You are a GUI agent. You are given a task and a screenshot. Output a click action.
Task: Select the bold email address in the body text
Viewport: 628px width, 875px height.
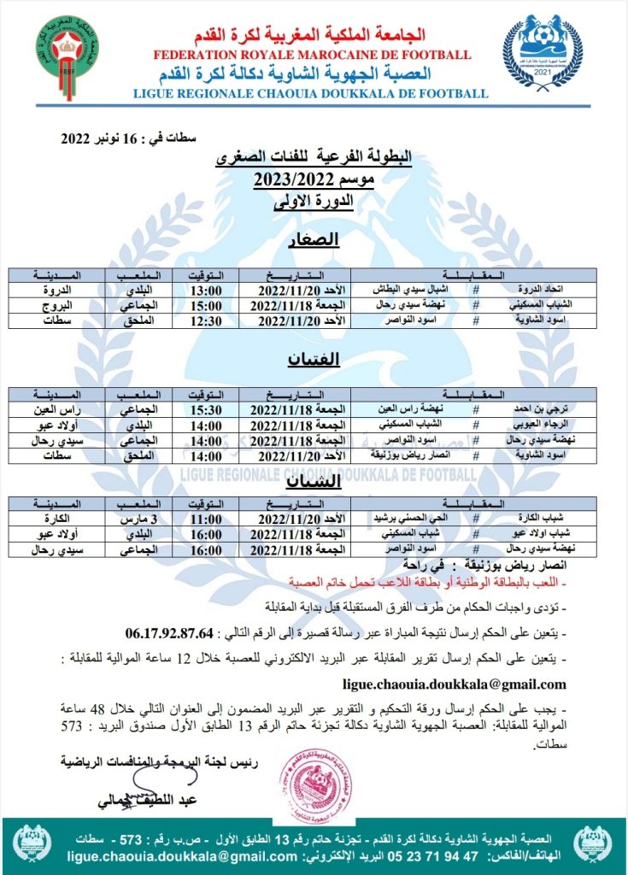pyautogui.click(x=454, y=684)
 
